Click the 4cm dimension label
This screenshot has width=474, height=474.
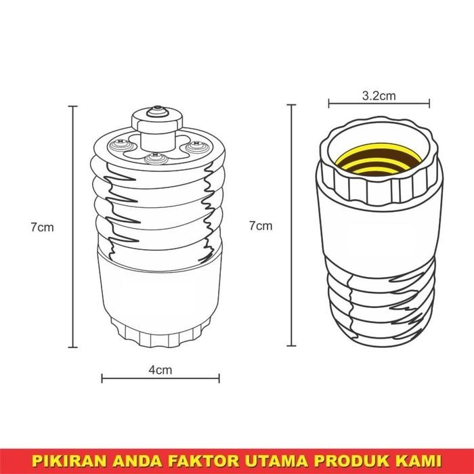(x=160, y=370)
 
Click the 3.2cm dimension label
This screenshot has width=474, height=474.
(x=379, y=96)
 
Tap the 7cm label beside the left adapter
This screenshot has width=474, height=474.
(x=42, y=228)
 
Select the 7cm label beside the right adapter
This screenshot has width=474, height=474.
(x=261, y=225)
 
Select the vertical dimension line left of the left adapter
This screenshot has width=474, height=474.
(x=73, y=226)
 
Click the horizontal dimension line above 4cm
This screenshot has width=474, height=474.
(x=160, y=379)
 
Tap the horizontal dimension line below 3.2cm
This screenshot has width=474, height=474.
(x=379, y=104)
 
